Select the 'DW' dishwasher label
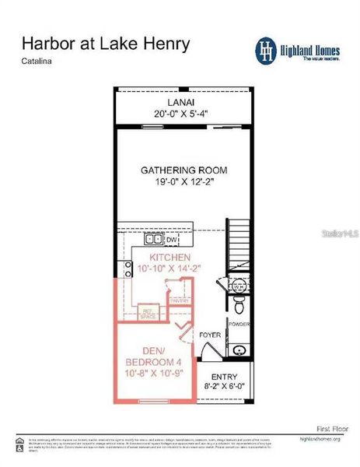tap(173, 241)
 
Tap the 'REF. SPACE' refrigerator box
tap(148, 314)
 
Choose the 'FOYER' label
tap(210, 336)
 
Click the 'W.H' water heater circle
tap(238, 286)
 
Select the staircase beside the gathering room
tap(239, 245)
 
